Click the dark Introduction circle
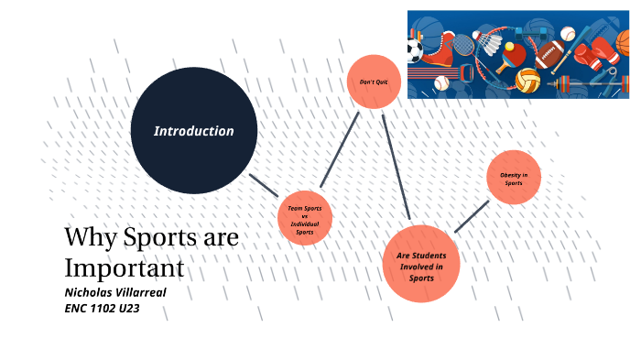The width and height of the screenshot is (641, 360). tap(193, 130)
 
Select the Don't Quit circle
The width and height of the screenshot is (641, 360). tap(374, 82)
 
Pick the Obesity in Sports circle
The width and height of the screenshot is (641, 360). tap(514, 178)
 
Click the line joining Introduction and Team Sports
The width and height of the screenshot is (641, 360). tap(264, 184)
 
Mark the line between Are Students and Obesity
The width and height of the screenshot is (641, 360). tap(472, 216)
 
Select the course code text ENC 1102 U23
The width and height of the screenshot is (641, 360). tap(102, 310)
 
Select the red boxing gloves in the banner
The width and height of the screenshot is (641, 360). tap(600, 50)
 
